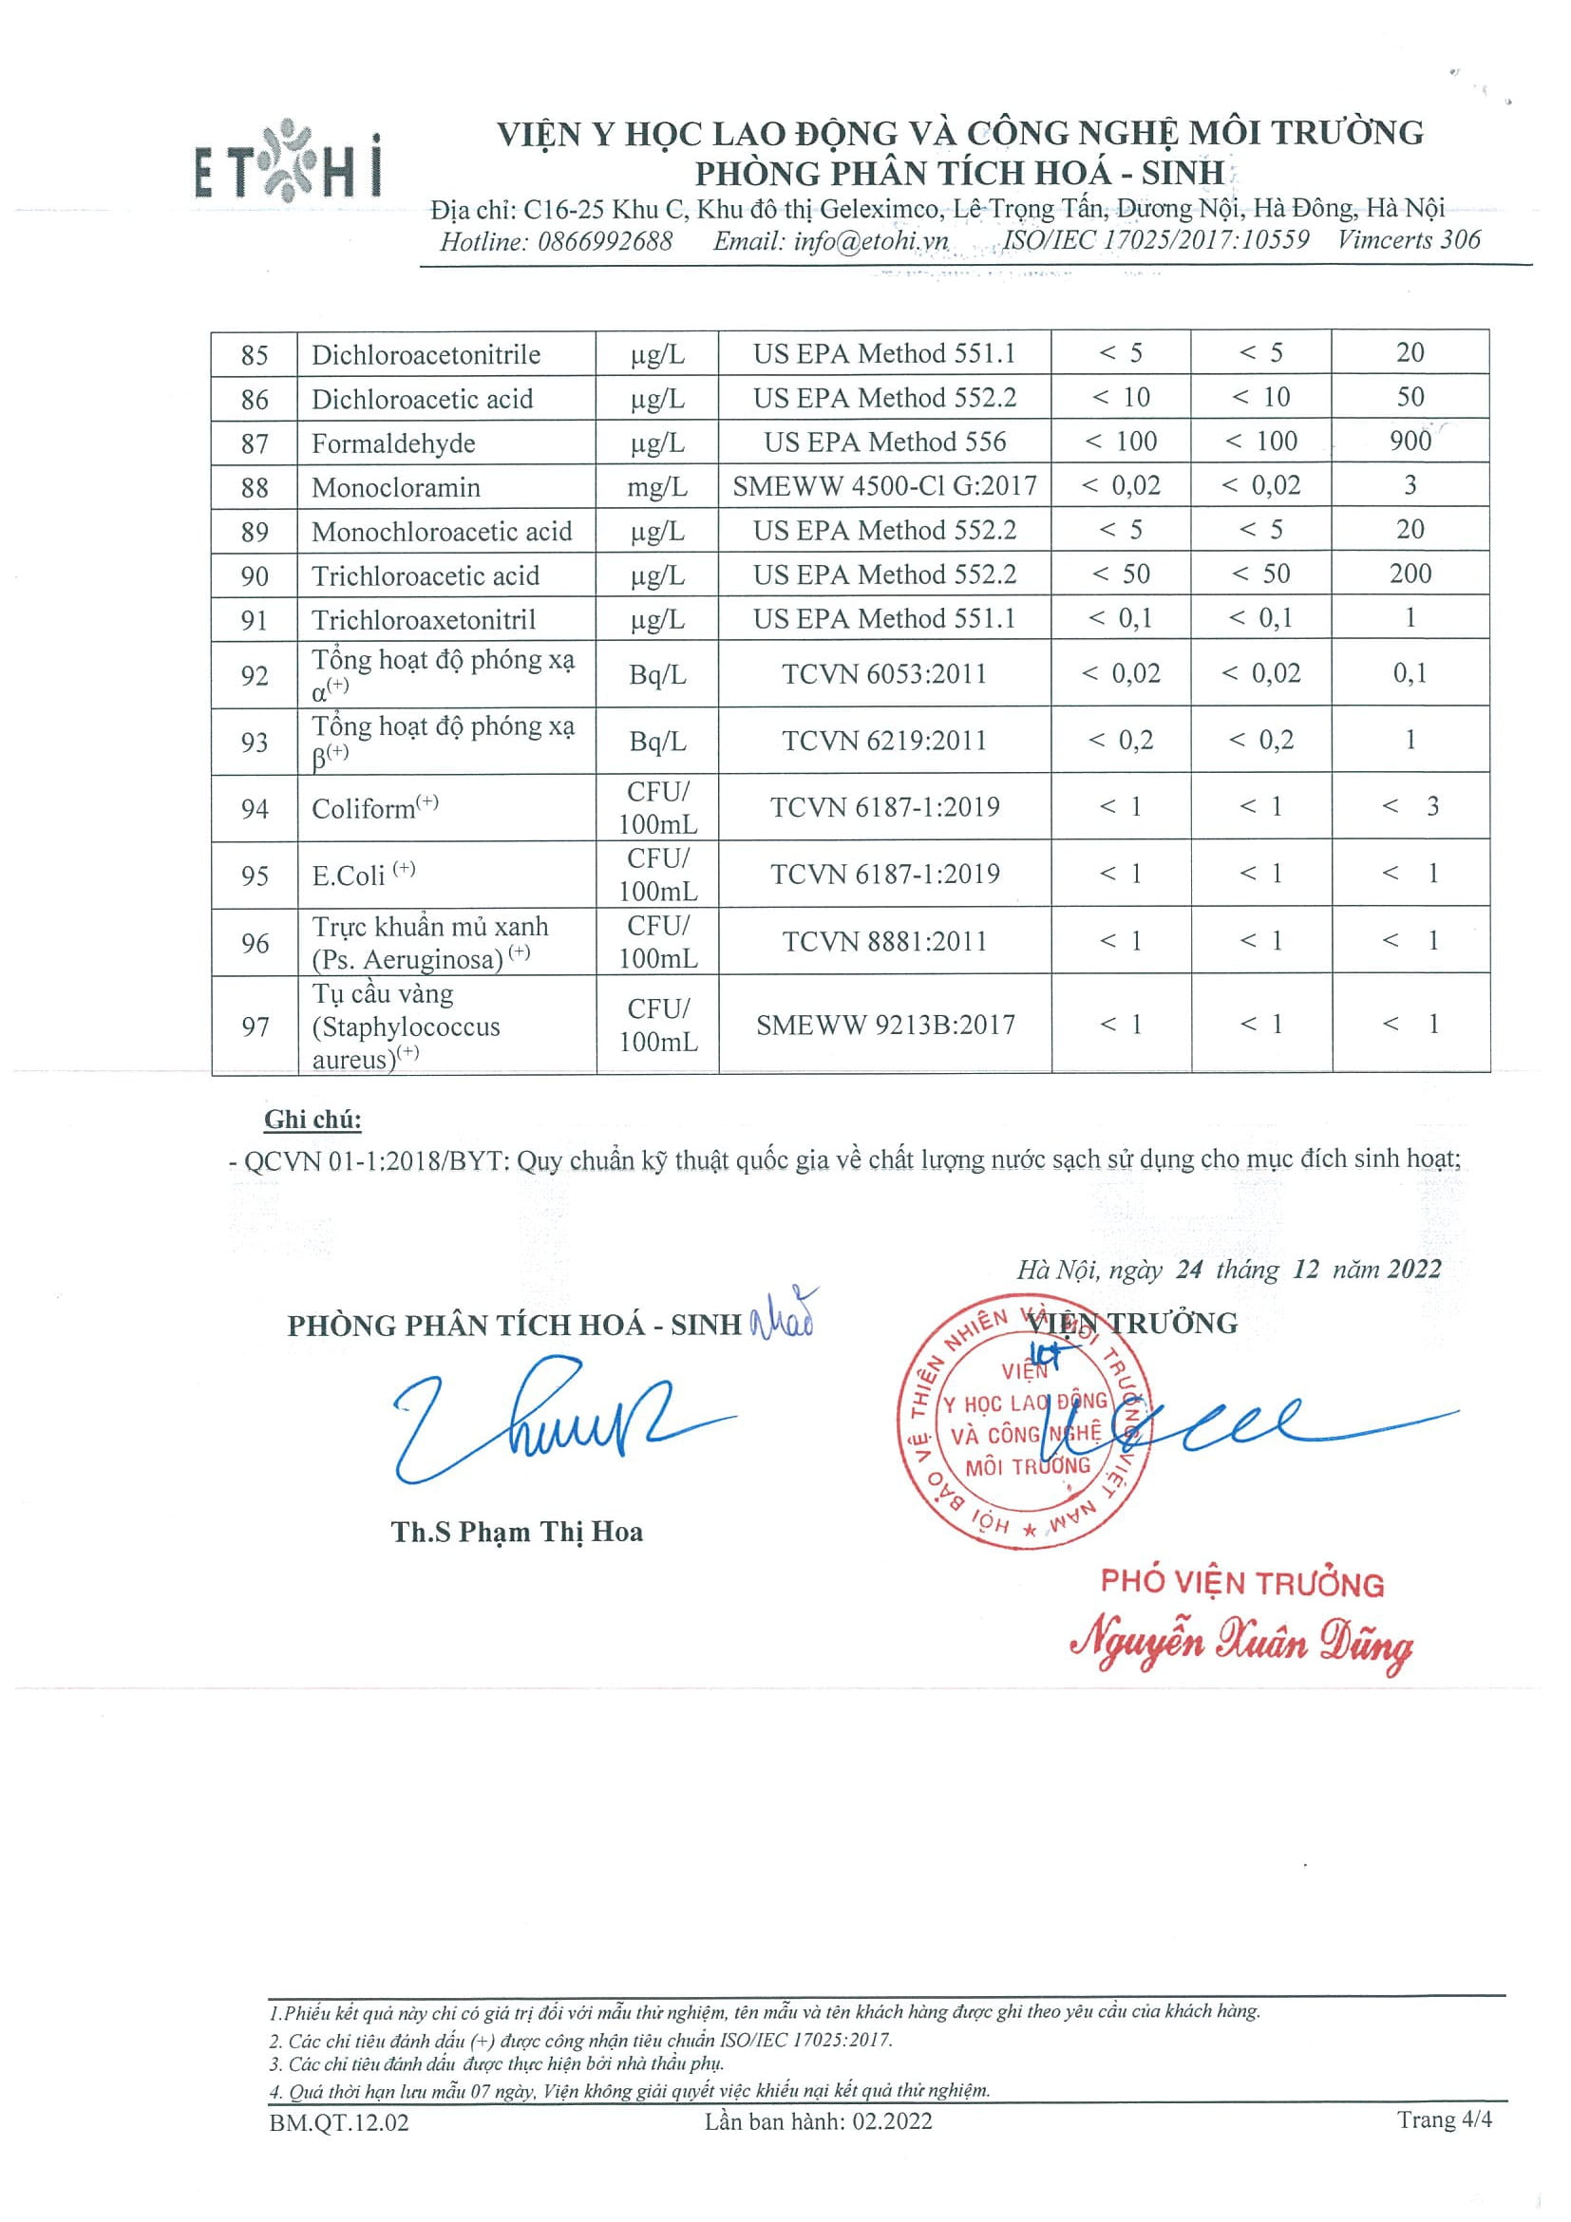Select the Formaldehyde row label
[393, 443]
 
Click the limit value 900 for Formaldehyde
[1410, 442]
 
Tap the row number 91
[254, 619]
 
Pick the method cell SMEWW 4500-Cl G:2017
[883, 486]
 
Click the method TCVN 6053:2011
[883, 673]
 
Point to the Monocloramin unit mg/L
[657, 487]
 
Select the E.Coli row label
[349, 876]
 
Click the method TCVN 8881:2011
[883, 941]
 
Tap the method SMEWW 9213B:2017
[884, 1024]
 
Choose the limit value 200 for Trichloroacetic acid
[1410, 574]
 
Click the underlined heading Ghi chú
[312, 1120]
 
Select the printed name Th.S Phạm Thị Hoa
[517, 1532]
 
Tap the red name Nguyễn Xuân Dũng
[1240, 1645]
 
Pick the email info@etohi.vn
[829, 241]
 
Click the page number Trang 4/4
[1443, 2119]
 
